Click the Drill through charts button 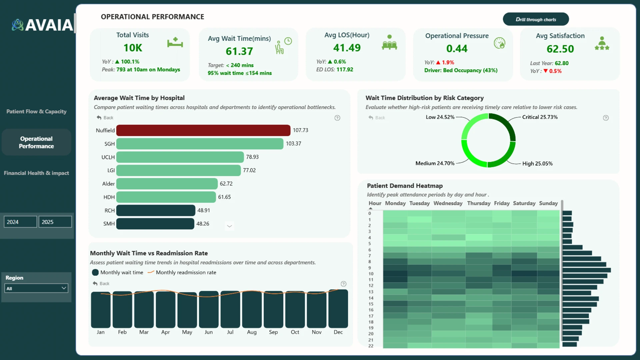tap(536, 19)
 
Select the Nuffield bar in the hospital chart tap(203, 130)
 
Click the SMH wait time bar tap(155, 224)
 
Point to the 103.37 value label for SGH tap(293, 144)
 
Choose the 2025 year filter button tap(55, 222)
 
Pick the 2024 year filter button tap(20, 222)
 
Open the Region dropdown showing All tap(36, 288)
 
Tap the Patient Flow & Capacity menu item tap(36, 111)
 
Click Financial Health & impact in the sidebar tap(36, 173)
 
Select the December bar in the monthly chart tap(338, 309)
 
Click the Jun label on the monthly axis tap(209, 332)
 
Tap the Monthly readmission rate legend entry tap(182, 272)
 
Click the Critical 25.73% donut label tap(540, 117)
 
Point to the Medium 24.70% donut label tap(435, 163)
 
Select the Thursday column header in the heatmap tap(479, 203)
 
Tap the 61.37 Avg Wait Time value tap(239, 51)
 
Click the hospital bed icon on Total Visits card tap(175, 43)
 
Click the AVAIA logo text tap(49, 25)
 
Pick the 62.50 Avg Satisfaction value tap(560, 49)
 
